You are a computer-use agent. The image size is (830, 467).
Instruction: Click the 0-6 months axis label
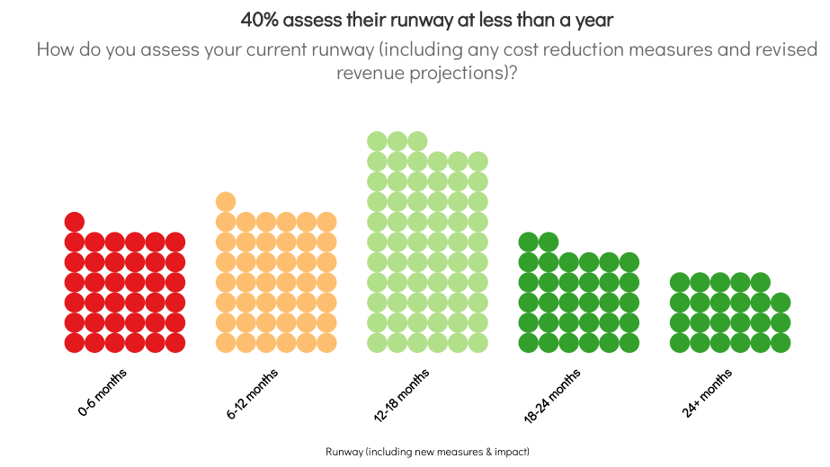[x=103, y=392]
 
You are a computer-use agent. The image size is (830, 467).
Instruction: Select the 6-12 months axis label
[x=252, y=394]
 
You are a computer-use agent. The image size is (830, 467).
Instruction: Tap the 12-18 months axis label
[x=401, y=395]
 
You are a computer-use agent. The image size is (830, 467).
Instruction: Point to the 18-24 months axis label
[x=552, y=396]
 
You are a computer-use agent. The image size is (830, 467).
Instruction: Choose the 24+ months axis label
[x=707, y=393]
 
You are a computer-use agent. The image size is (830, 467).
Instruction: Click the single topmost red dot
[x=75, y=222]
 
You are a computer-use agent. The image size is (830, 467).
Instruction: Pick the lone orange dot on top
[x=226, y=202]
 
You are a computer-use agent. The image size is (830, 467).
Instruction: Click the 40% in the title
[x=259, y=20]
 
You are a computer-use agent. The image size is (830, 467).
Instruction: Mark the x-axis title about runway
[x=427, y=452]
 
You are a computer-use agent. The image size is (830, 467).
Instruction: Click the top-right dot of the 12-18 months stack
[x=478, y=162]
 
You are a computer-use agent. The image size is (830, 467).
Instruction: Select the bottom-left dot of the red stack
[x=75, y=343]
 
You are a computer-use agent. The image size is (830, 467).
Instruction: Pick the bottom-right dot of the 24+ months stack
[x=781, y=343]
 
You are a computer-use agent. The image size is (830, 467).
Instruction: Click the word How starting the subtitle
[x=55, y=49]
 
